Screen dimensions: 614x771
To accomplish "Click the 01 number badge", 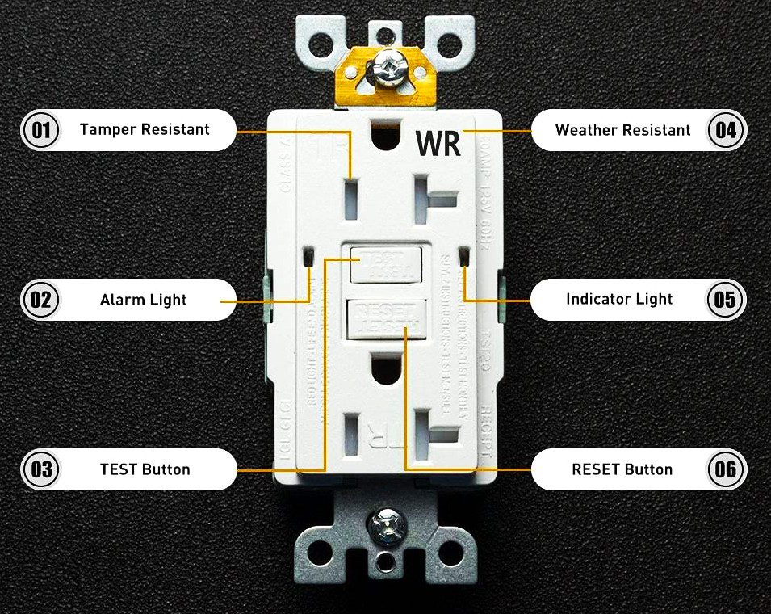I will point(40,130).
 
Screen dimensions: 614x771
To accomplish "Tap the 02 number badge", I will point(40,300).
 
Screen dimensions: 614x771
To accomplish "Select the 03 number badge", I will point(40,469).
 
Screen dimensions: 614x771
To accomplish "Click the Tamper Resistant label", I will point(145,129).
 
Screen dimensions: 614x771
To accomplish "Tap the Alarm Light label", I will point(143,300).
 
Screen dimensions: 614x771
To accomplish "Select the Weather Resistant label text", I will point(622,130).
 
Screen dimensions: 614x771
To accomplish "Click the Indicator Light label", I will point(619,299).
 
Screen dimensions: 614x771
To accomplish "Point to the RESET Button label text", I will point(622,469).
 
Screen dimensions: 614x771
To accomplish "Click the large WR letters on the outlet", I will point(438,143).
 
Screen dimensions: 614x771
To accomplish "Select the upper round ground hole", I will point(384,128).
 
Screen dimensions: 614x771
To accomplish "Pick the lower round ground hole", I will point(386,371).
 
